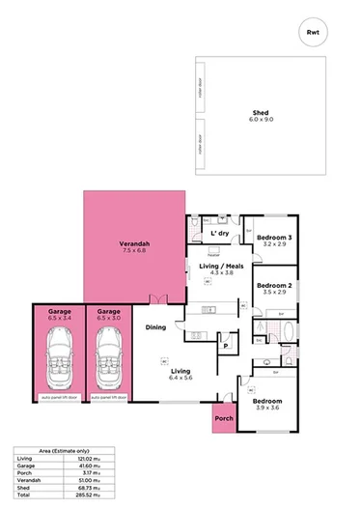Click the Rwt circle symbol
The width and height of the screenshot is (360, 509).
(x=312, y=33)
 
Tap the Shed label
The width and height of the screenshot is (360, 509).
(x=261, y=111)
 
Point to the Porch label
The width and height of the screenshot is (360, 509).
(x=224, y=419)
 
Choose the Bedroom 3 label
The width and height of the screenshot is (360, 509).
(x=275, y=238)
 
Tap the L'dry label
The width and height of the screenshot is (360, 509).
(x=218, y=234)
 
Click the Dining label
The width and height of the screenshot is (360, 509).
(x=156, y=327)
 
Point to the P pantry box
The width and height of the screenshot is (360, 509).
(x=225, y=345)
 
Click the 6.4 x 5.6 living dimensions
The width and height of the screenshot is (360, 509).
(x=180, y=379)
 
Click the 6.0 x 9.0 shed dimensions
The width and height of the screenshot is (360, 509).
(x=261, y=119)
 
